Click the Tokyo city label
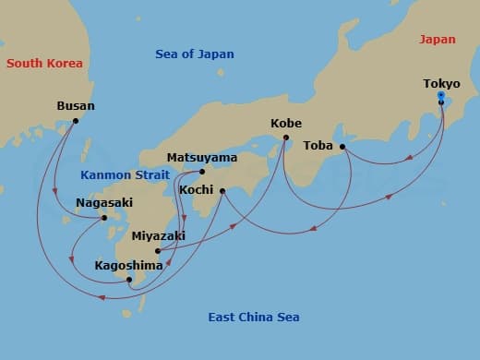point(441,84)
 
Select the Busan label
point(76,106)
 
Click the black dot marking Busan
point(76,121)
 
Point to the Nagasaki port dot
point(104,218)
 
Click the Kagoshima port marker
point(129,280)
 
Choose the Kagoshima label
point(129,266)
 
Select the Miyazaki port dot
point(158,250)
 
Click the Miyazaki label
point(158,236)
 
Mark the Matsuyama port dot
point(202,171)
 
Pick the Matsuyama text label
point(201,157)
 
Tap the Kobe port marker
point(285,138)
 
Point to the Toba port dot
point(342,147)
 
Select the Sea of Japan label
point(194,54)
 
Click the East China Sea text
point(253,318)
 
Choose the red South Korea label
point(44,64)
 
